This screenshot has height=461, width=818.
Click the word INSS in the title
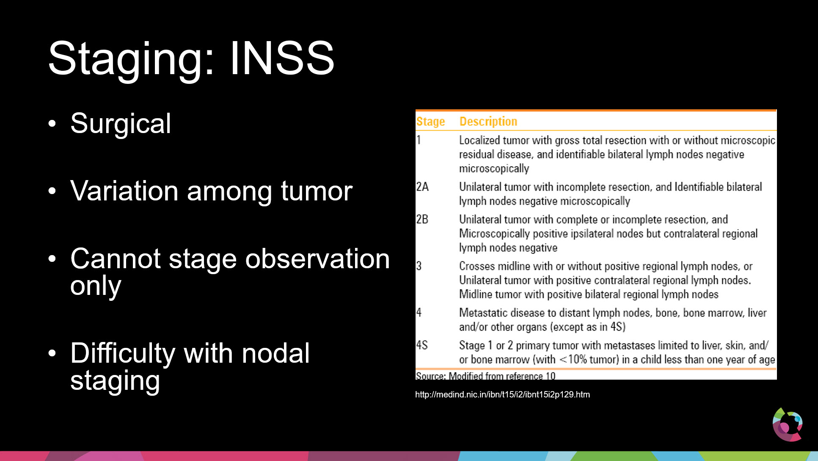pyautogui.click(x=282, y=58)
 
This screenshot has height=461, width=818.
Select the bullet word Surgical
pyautogui.click(x=121, y=124)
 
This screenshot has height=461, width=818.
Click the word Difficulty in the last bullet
pyautogui.click(x=123, y=354)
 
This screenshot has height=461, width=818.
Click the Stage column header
pyautogui.click(x=430, y=122)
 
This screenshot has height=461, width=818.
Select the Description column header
pyautogui.click(x=488, y=122)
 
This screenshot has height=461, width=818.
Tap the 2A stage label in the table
pyautogui.click(x=422, y=187)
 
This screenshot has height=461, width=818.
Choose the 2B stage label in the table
pyautogui.click(x=422, y=219)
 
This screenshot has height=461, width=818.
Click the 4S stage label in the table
pyautogui.click(x=422, y=345)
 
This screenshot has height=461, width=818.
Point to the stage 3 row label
pyautogui.click(x=419, y=266)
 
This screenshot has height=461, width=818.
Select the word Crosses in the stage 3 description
pyautogui.click(x=477, y=266)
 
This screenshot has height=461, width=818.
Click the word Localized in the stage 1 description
pyautogui.click(x=480, y=140)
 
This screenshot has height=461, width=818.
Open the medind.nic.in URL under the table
pyautogui.click(x=502, y=394)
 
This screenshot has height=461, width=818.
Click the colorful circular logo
pyautogui.click(x=788, y=425)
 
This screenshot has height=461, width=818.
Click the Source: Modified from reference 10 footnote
pyautogui.click(x=485, y=376)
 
